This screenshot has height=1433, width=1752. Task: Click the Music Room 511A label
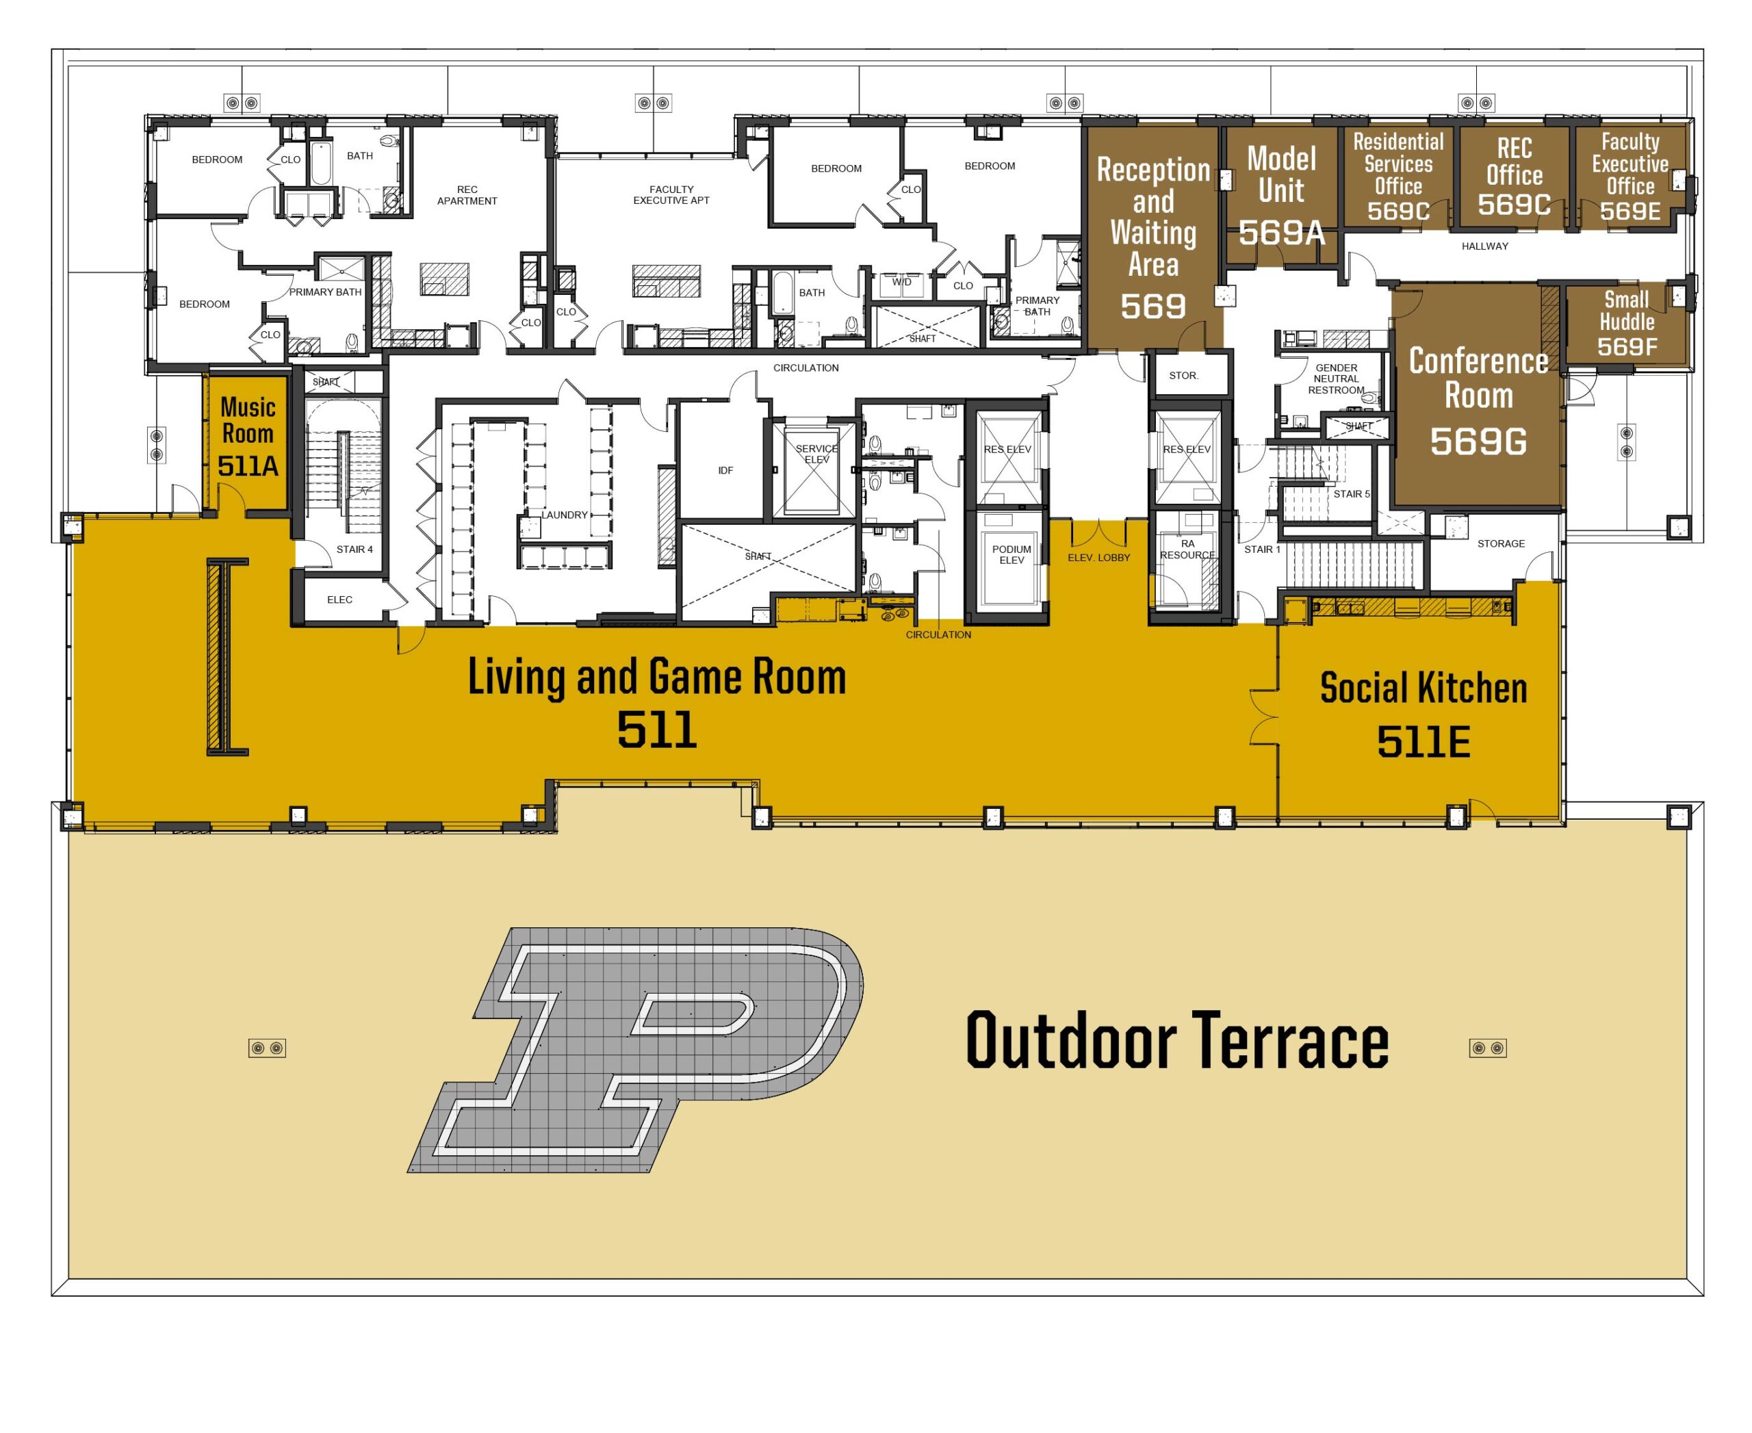pos(248,437)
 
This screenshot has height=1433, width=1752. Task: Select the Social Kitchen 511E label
pos(1423,713)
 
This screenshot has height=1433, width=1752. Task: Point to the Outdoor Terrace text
pos(1177,1040)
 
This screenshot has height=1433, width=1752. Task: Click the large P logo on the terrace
pos(636,1049)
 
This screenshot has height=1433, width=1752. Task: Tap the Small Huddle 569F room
pos(1627,324)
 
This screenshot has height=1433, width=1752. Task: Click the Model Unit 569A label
pos(1281,196)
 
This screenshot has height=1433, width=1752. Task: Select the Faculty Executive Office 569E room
pos(1629,177)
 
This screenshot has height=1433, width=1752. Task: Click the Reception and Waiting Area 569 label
pos(1152,237)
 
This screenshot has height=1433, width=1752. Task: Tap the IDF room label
pos(725,471)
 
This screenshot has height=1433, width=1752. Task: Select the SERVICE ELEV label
pos(816,454)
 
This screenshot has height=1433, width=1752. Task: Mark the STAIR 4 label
pos(355,549)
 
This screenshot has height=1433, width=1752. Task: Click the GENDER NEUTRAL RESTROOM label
pos(1336,379)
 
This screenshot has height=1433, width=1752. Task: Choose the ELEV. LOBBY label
pos(1099,557)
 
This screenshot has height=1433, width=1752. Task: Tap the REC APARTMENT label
pos(467,195)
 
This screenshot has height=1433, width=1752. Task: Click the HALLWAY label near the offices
pos(1484,246)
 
